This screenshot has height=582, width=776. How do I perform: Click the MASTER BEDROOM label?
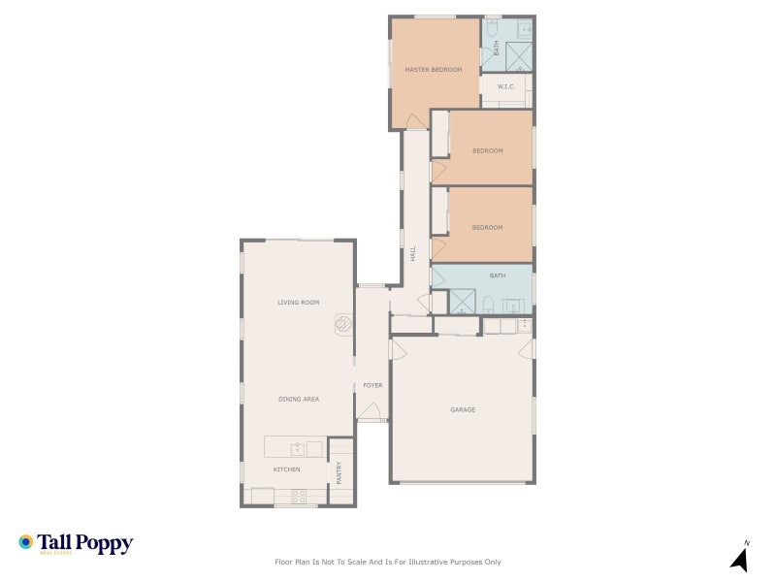click(x=433, y=70)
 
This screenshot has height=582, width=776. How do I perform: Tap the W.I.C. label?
click(x=505, y=87)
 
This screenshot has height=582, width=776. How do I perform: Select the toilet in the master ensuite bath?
click(x=491, y=31)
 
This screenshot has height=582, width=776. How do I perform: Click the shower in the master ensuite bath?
click(x=521, y=56)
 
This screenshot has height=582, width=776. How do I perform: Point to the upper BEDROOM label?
click(x=487, y=150)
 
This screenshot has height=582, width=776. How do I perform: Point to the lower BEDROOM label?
click(x=487, y=227)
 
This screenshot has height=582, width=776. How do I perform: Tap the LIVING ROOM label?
click(x=298, y=303)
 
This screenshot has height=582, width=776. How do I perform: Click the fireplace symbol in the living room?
click(x=343, y=323)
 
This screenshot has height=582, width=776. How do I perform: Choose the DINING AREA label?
click(x=298, y=399)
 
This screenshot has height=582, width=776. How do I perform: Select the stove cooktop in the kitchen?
click(x=299, y=497)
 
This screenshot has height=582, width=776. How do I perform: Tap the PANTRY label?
click(x=339, y=472)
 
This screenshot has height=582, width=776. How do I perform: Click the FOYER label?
click(x=372, y=385)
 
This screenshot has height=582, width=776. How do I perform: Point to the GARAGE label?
click(x=463, y=409)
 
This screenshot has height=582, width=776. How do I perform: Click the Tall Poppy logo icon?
click(x=26, y=541)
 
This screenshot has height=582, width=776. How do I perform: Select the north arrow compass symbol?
click(x=739, y=558)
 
